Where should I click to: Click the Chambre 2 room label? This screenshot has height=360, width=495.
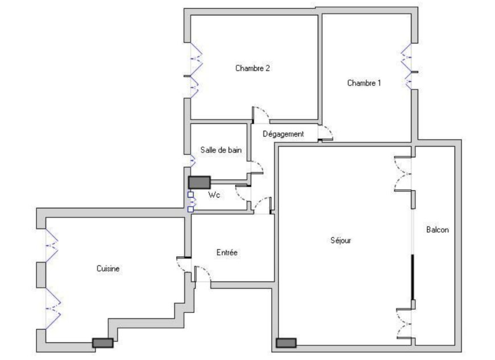pyautogui.click(x=252, y=68)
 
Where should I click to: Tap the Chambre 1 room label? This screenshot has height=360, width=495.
pyautogui.click(x=364, y=83)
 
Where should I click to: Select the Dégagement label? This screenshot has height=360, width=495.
pyautogui.click(x=283, y=134)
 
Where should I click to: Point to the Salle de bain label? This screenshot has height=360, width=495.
pyautogui.click(x=221, y=150)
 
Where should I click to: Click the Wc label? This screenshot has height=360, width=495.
pyautogui.click(x=214, y=195)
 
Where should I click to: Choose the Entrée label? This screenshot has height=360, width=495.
pyautogui.click(x=227, y=253)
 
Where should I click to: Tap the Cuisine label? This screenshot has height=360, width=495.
pyautogui.click(x=108, y=269)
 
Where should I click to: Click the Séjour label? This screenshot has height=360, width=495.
pyautogui.click(x=340, y=240)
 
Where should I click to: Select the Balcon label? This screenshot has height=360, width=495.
pyautogui.click(x=437, y=230)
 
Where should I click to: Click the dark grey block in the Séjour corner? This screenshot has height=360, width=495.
pyautogui.click(x=286, y=343)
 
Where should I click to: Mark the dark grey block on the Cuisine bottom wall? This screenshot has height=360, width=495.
pyautogui.click(x=103, y=343)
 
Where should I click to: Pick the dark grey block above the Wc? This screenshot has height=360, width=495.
pyautogui.click(x=199, y=182)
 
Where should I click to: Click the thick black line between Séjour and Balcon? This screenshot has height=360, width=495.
pyautogui.click(x=412, y=277)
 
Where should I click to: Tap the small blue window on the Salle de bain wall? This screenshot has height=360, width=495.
pyautogui.click(x=192, y=161)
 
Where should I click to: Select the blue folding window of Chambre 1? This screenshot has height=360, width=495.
pyautogui.click(x=407, y=66)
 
